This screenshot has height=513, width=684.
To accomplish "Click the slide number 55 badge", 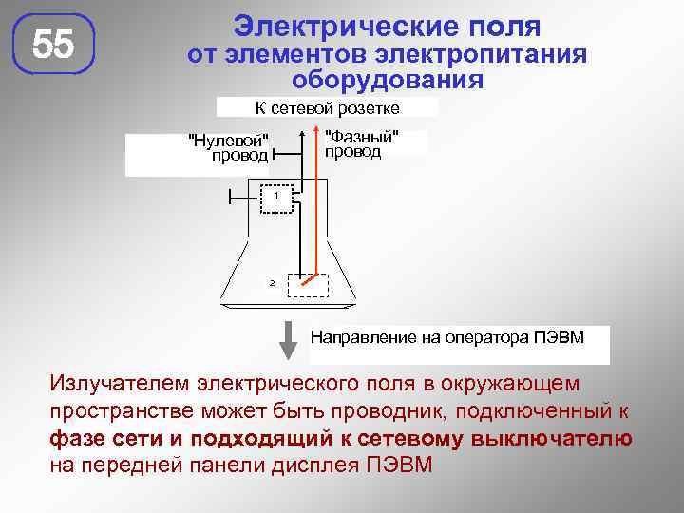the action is pos(53,45).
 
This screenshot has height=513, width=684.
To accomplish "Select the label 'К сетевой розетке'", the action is pos(327,107).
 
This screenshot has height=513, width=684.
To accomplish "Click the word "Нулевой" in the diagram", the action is pos(230,142).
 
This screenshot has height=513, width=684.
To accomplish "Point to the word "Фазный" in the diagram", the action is pos(361,136).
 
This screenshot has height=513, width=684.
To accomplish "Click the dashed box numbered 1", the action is pos(275,199).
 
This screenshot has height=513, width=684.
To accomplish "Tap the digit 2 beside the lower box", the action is pos(272,283).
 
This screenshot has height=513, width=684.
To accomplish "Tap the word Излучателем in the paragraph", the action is pos(120,384).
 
